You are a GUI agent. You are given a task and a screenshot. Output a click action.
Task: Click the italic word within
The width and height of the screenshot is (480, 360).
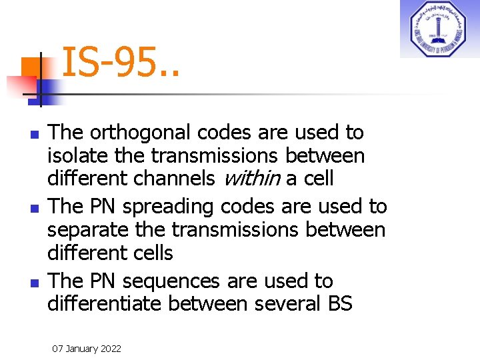[x=251, y=179]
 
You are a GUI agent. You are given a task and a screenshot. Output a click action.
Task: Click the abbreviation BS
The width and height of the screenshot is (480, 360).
[x=339, y=304]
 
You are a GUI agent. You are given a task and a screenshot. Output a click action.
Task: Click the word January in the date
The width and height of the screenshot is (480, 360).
[x=81, y=349]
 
